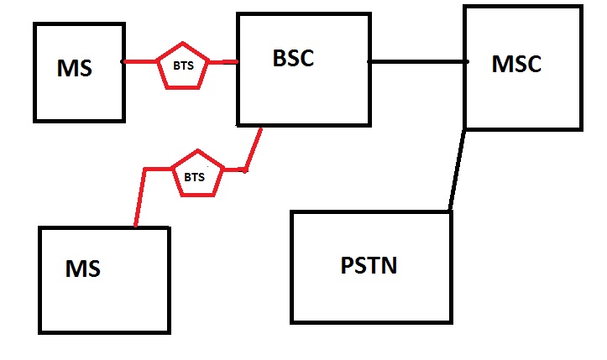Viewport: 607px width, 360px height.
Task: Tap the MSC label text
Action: pos(516,63)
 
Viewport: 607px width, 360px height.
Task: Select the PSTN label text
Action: pos(369,266)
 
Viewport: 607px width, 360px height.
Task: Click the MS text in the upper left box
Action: pos(75,69)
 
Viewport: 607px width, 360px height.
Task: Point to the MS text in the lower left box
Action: pos(83,269)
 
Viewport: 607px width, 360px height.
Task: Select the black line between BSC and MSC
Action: pos(417,61)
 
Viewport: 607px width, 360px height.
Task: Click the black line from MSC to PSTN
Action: pos(457,168)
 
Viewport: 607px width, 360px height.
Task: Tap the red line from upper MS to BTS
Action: pos(140,61)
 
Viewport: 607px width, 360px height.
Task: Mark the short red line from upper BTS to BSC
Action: pos(222,61)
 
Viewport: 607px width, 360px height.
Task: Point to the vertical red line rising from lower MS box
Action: pos(139,197)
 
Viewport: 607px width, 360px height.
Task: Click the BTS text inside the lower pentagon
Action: pos(194,177)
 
